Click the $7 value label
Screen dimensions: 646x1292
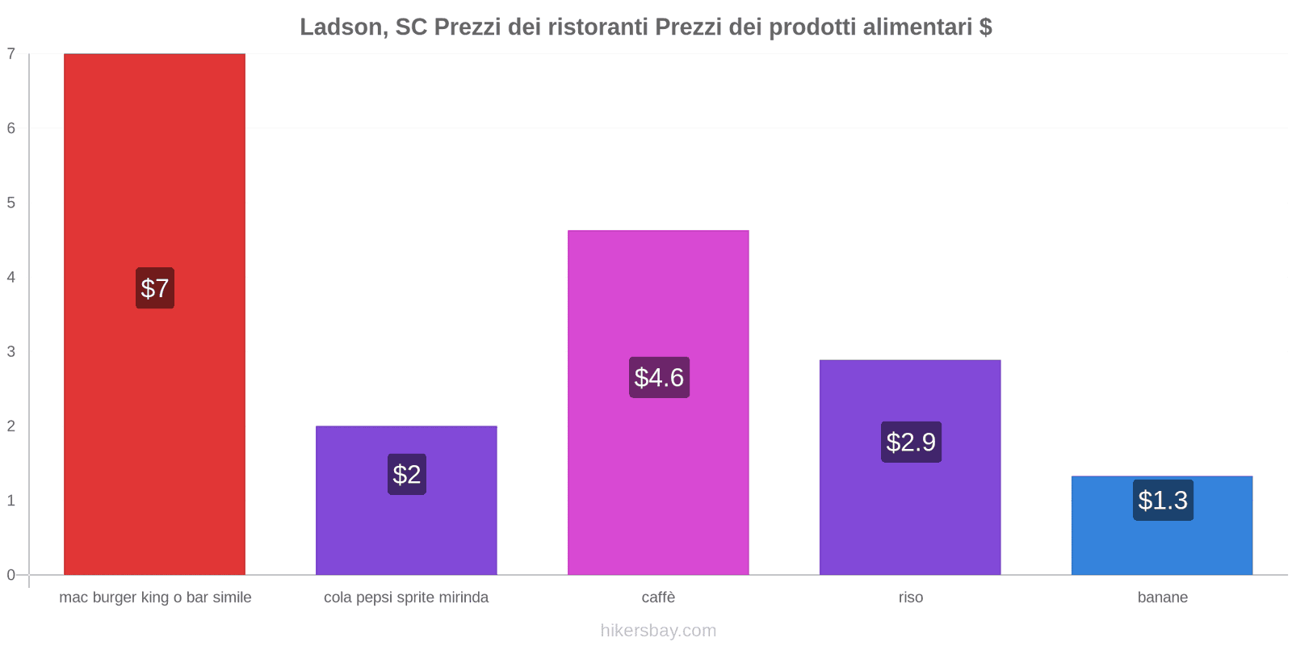[x=155, y=288]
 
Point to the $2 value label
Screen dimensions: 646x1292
[x=407, y=474]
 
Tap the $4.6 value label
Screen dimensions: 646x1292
[x=659, y=377]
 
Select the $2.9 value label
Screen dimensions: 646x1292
[x=911, y=442]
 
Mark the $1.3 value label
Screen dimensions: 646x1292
[x=1163, y=501]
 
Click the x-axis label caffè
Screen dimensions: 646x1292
[x=658, y=598]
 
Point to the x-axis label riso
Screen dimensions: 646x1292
[x=910, y=598]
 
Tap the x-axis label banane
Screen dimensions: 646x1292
[x=1162, y=598]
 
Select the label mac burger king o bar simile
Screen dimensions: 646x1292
[x=155, y=598]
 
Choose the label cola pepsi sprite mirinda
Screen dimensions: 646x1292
[x=406, y=598]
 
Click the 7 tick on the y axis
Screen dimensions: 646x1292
[x=11, y=54]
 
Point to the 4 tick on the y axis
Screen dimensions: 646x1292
[x=11, y=277]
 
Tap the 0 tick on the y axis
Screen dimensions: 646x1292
[x=11, y=575]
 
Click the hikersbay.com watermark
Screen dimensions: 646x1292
[x=658, y=631]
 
